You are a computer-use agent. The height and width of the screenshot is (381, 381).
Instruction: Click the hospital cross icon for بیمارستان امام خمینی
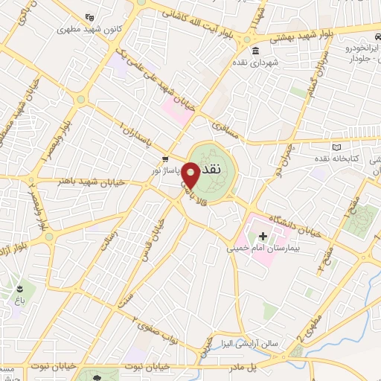pos(262,236)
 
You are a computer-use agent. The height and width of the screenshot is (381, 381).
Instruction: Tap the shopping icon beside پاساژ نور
pos(165,159)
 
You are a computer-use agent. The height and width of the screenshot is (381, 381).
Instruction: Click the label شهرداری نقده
pos(255,63)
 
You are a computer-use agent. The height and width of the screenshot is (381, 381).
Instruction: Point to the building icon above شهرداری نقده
pos(255,51)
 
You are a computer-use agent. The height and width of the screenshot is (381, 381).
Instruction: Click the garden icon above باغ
pos(20,287)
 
